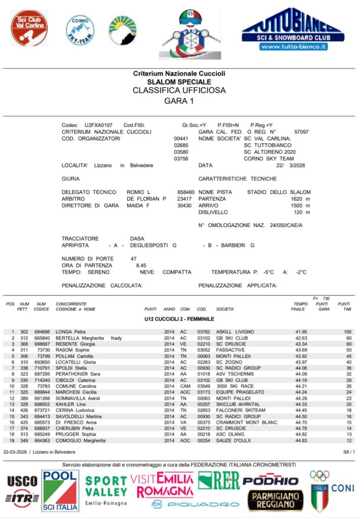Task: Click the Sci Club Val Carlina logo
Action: coord(29,28)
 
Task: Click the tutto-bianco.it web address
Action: coord(293,47)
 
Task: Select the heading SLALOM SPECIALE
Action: coord(179,82)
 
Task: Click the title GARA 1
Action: coord(179,101)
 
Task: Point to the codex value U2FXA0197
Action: coord(99,125)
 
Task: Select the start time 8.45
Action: coord(141,265)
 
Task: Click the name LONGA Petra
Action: coord(70,332)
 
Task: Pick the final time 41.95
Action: coord(301,332)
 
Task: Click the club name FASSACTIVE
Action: coord(230,350)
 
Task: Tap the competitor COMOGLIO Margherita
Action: coord(80,441)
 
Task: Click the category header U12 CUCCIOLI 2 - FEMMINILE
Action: coord(179,319)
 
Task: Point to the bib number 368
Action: coord(24,344)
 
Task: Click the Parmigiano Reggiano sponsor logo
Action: coord(276,500)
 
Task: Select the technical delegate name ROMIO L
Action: coord(139,192)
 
